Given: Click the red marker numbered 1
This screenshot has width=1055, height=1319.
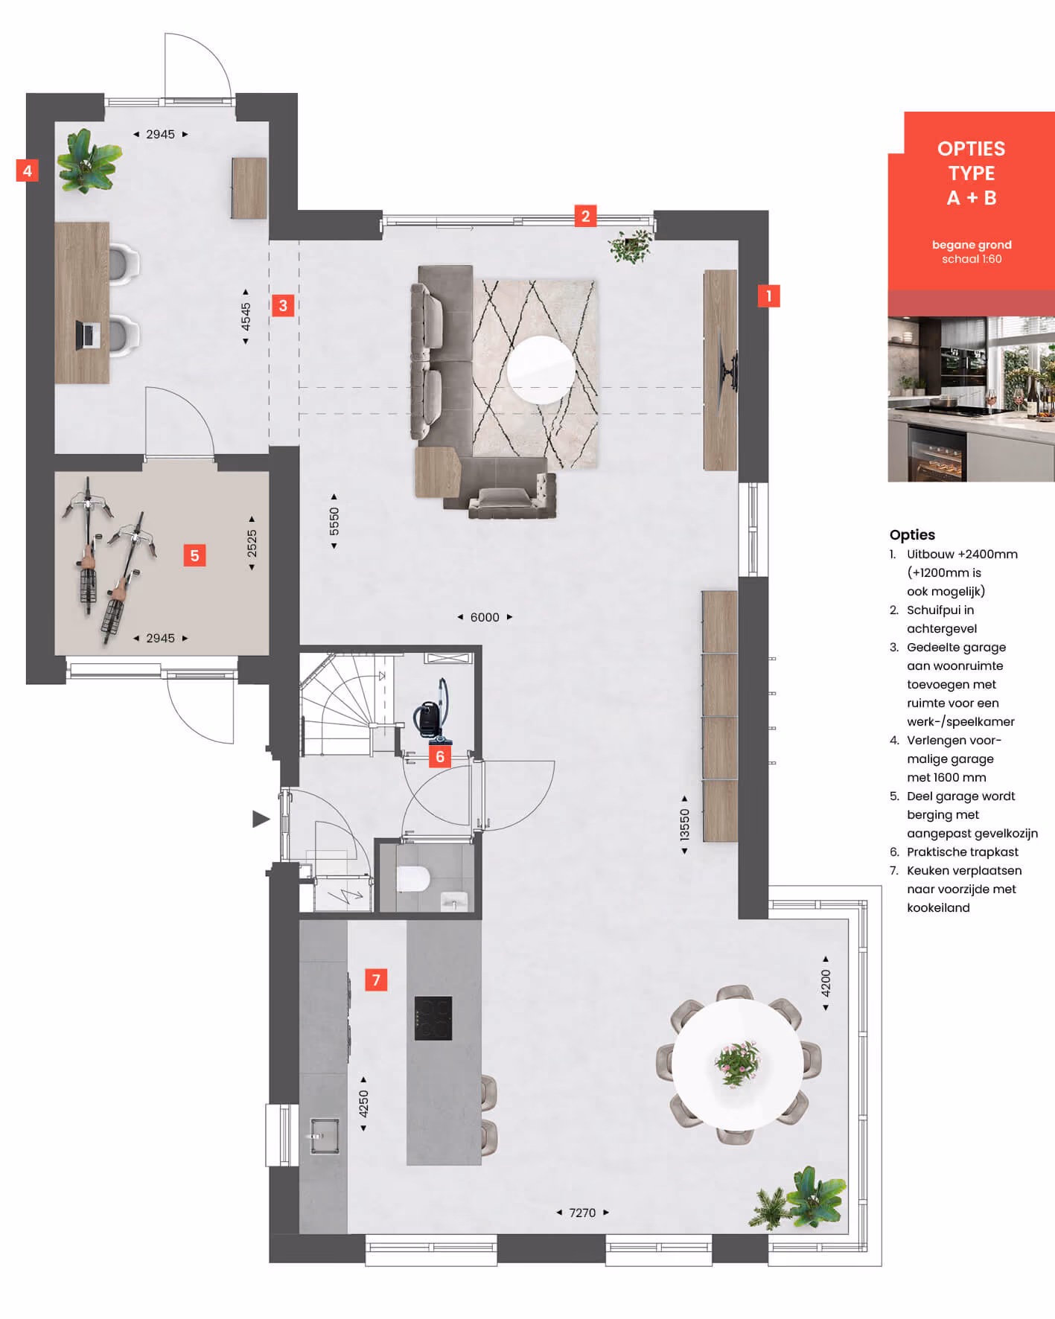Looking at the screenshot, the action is tap(768, 296).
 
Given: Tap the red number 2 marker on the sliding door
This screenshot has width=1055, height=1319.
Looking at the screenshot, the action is tap(585, 216).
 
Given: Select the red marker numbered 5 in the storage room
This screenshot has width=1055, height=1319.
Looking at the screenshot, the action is tap(194, 555).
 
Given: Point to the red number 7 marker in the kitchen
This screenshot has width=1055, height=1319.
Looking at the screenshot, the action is tap(376, 980).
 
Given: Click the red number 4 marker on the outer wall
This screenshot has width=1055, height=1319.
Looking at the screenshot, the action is tap(27, 171).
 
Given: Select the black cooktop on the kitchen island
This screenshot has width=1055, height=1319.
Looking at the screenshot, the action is tap(433, 1018).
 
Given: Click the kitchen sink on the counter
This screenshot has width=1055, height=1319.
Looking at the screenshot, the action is tap(324, 1135).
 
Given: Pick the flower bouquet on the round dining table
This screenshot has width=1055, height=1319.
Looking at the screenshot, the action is tap(738, 1063).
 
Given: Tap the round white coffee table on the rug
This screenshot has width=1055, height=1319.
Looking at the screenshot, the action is tap(541, 370).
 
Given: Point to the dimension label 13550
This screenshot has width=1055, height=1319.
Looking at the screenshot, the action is tap(684, 825).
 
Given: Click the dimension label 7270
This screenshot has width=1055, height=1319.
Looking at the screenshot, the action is tap(582, 1213).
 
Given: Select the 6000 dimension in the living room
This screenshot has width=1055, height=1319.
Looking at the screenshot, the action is tap(485, 617).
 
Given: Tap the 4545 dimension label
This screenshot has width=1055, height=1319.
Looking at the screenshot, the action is tap(246, 316).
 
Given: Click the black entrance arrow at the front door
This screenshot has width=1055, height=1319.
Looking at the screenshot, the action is tap(261, 819).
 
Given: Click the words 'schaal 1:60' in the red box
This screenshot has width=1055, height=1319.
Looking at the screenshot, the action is tap(972, 259).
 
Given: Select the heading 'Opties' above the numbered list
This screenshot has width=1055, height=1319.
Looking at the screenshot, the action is tap(912, 534).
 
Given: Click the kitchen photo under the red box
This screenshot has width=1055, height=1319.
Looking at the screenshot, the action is tap(971, 399).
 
